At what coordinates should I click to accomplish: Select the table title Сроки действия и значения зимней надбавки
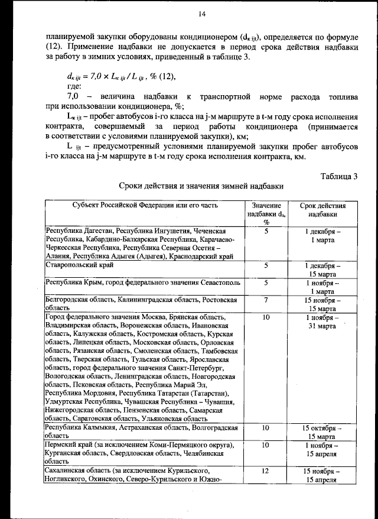tap(201, 186)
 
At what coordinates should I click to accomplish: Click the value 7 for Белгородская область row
tap(266, 300)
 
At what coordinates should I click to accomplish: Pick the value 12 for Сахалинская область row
tap(266, 471)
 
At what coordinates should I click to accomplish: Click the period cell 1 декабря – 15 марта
tap(323, 270)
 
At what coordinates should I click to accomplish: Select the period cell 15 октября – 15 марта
tap(323, 432)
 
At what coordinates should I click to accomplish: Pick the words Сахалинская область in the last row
tap(79, 471)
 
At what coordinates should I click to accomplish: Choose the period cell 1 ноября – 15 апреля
tap(323, 449)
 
